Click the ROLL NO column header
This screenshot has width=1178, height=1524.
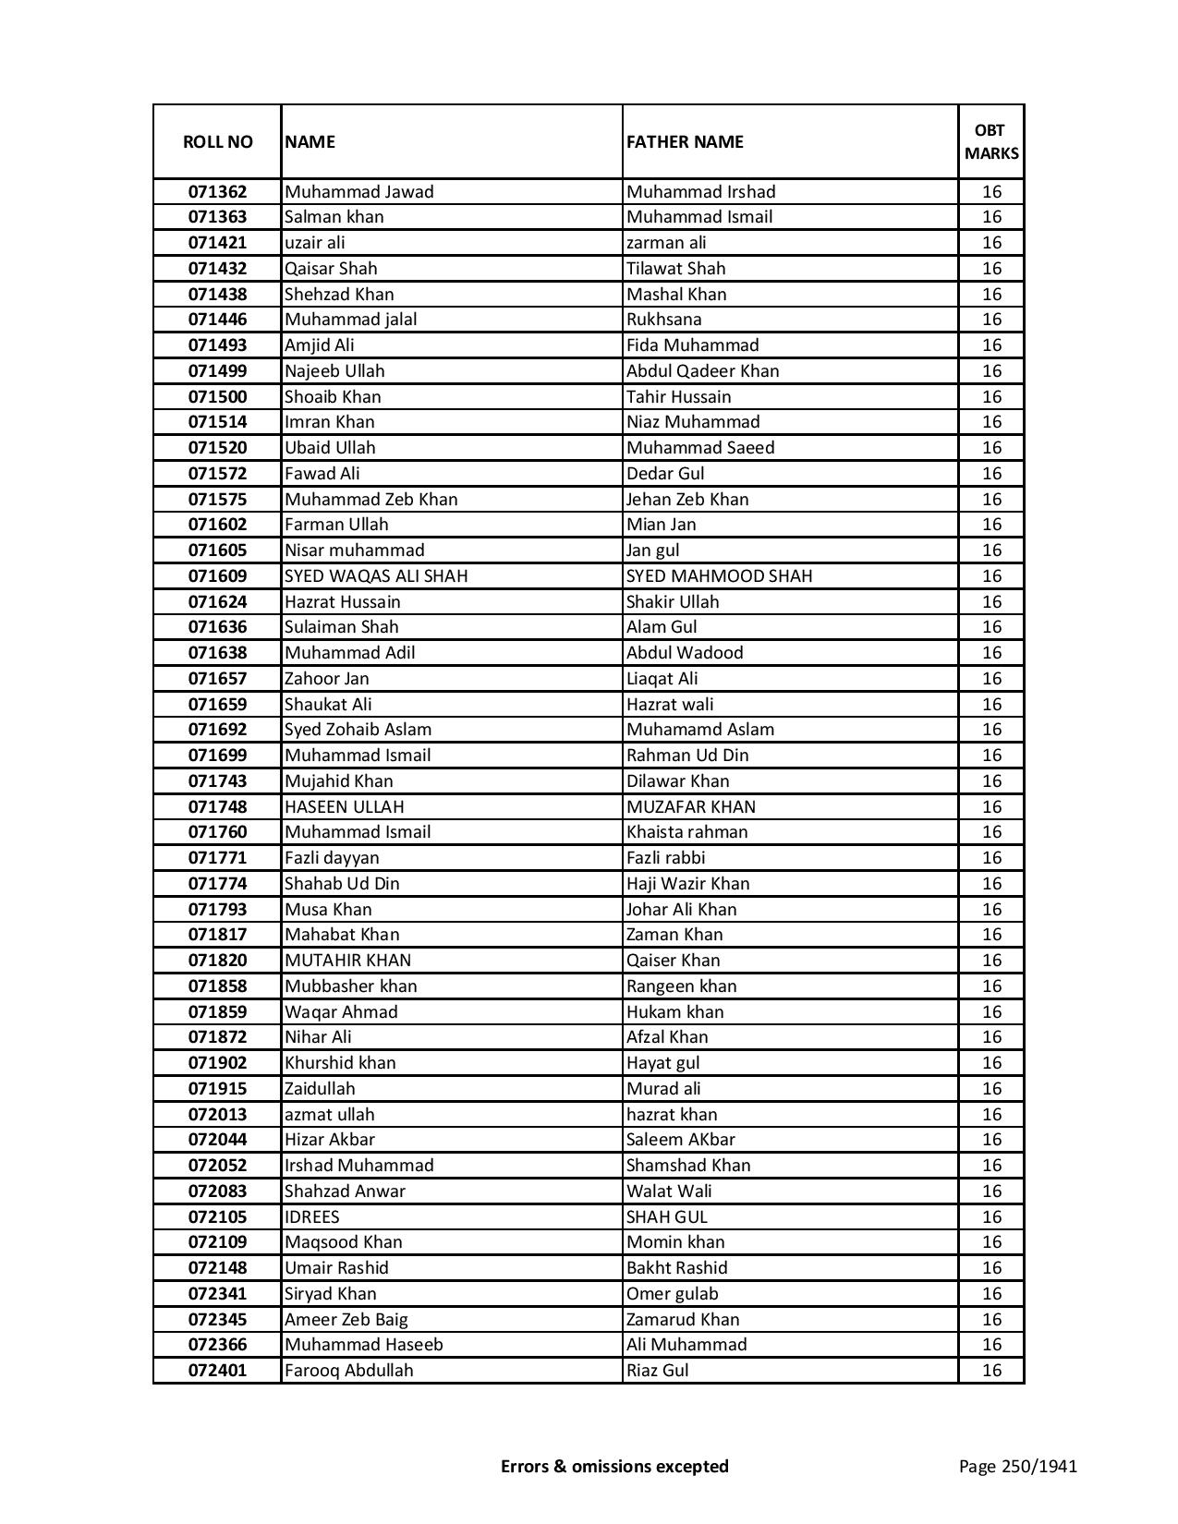217,142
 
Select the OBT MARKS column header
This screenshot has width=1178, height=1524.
990,142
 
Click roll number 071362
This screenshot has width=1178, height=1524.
217,192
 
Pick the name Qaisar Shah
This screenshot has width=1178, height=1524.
331,269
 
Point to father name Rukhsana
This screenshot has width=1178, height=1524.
663,320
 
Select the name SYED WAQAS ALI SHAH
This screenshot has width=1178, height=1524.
376,576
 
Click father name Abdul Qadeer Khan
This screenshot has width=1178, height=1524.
702,371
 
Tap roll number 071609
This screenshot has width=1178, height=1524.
217,576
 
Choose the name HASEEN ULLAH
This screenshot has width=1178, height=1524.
344,807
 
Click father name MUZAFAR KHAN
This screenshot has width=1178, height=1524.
690,807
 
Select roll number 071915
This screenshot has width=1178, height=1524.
217,1089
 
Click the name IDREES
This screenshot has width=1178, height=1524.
311,1217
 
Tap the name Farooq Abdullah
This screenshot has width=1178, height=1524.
348,1371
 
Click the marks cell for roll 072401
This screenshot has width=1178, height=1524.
990,1371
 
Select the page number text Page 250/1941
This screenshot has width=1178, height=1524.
1017,1467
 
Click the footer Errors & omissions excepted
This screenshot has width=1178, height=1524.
614,1467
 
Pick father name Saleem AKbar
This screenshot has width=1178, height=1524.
680,1140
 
